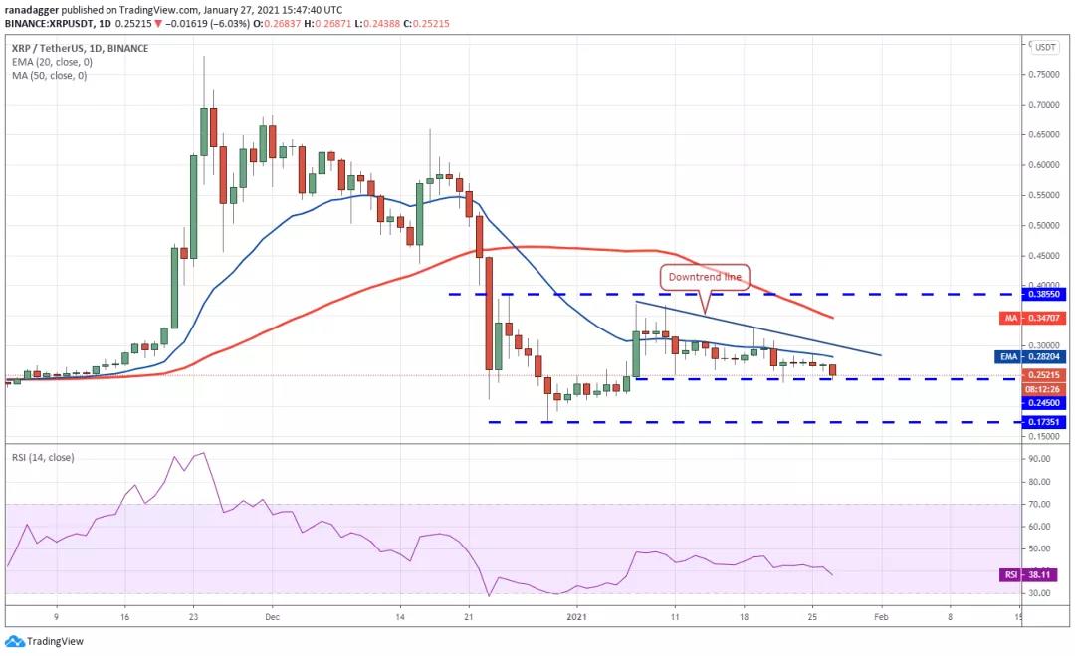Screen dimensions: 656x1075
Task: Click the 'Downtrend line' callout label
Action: (x=705, y=277)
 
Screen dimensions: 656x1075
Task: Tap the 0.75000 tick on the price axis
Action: (x=1044, y=74)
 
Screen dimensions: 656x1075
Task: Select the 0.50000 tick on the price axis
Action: (x=1044, y=226)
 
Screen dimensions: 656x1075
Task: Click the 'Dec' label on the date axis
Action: (x=271, y=616)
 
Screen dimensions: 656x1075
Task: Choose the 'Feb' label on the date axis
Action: (x=881, y=616)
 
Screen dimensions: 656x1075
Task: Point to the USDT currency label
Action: (x=1045, y=47)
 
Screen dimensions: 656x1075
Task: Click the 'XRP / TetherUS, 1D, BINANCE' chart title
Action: (x=80, y=48)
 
